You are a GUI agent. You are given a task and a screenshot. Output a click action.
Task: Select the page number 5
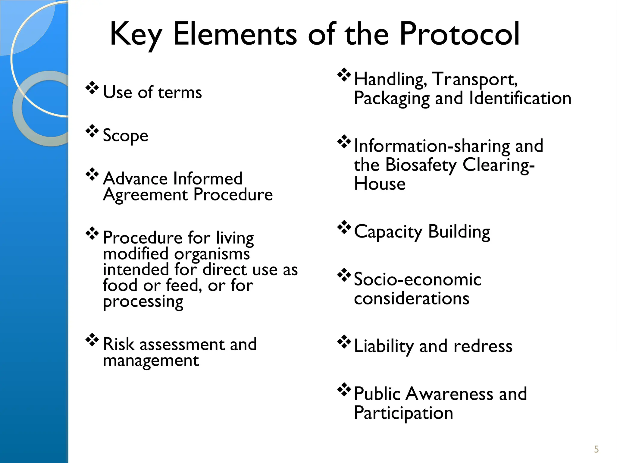click(597, 449)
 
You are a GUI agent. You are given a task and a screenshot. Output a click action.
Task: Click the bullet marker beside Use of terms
click(92, 88)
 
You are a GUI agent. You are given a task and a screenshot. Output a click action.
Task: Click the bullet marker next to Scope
click(92, 131)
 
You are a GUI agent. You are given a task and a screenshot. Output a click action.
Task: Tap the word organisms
click(212, 254)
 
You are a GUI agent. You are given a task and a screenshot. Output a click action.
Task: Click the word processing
click(143, 302)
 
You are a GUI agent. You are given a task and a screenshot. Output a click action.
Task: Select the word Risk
click(118, 344)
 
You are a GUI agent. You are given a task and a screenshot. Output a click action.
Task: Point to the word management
click(151, 361)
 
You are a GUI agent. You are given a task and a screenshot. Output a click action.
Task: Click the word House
click(380, 184)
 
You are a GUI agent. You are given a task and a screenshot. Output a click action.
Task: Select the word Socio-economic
click(417, 279)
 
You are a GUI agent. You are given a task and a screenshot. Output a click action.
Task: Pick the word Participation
click(403, 413)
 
